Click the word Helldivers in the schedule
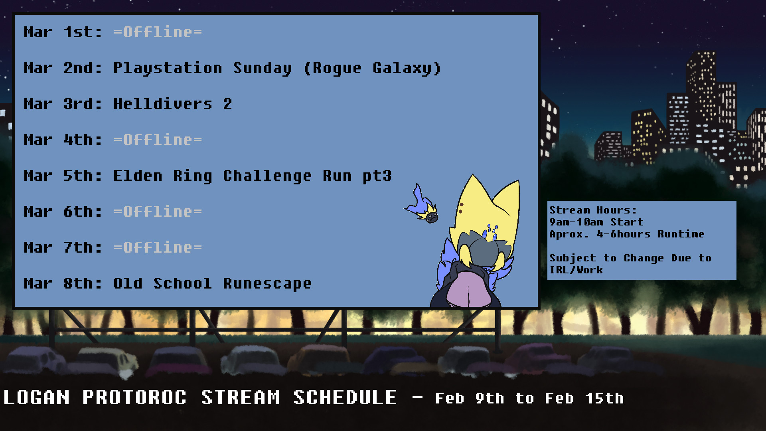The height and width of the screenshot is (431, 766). [x=163, y=104]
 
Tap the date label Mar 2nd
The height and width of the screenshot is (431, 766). [x=63, y=68]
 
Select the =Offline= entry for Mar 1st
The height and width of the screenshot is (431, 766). [x=158, y=32]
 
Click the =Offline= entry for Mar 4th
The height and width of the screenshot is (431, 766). [x=158, y=140]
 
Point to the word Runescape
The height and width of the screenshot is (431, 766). [x=267, y=284]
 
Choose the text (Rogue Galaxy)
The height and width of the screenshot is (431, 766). [x=373, y=68]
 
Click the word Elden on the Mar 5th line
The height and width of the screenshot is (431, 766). [x=138, y=176]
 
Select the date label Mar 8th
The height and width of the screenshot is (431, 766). [x=63, y=283]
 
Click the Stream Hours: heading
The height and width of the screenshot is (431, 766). [x=593, y=210]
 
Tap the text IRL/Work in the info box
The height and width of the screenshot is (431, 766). [x=576, y=270]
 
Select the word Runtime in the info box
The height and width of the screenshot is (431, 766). [x=681, y=234]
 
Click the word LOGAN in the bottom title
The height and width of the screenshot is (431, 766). [x=37, y=397]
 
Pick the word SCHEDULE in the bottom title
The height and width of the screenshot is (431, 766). [x=345, y=397]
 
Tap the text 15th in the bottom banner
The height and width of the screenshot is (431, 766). [x=604, y=398]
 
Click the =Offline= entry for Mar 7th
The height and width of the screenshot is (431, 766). [x=158, y=247]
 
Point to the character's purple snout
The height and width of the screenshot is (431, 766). [x=467, y=289]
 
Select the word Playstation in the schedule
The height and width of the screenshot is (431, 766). [x=168, y=68]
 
